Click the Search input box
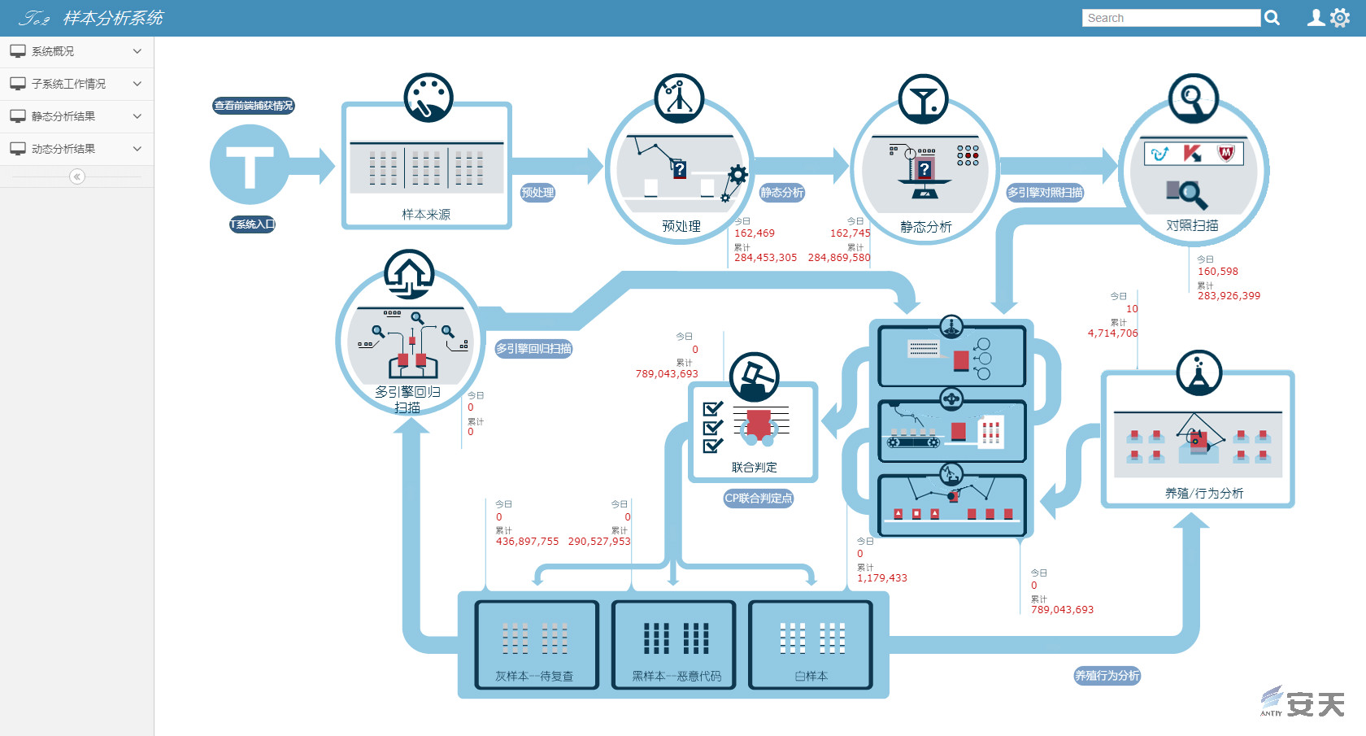pos(1171,18)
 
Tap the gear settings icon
pos(1339,18)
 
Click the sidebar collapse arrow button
pos(77,176)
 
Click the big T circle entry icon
pos(249,164)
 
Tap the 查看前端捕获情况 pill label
pos(254,106)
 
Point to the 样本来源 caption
pos(426,215)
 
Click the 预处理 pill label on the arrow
pos(537,193)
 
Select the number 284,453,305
pos(765,258)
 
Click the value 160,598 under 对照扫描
pos(1217,272)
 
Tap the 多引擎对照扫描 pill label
pos(1045,193)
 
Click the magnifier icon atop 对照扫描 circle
pos(1193,98)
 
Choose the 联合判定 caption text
pos(754,468)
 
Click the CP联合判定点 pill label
pos(758,499)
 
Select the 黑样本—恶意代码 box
pos(674,645)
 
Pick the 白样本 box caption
pos(811,677)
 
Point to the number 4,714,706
pos(1112,333)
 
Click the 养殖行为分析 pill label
pos(1107,676)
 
